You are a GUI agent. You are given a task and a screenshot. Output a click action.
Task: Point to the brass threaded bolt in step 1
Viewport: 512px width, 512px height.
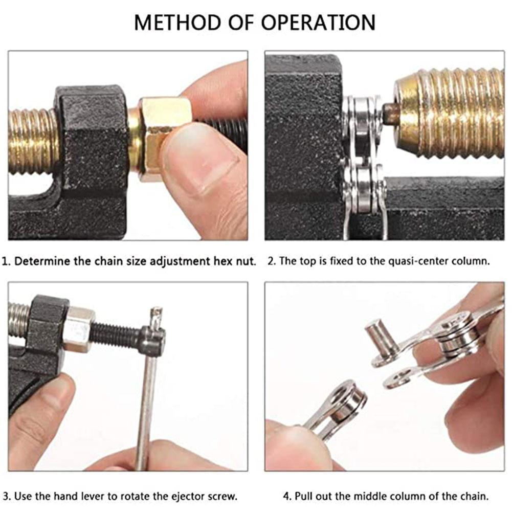point(31,141)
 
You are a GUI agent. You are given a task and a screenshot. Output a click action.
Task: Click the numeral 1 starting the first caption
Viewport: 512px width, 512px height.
point(5,261)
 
